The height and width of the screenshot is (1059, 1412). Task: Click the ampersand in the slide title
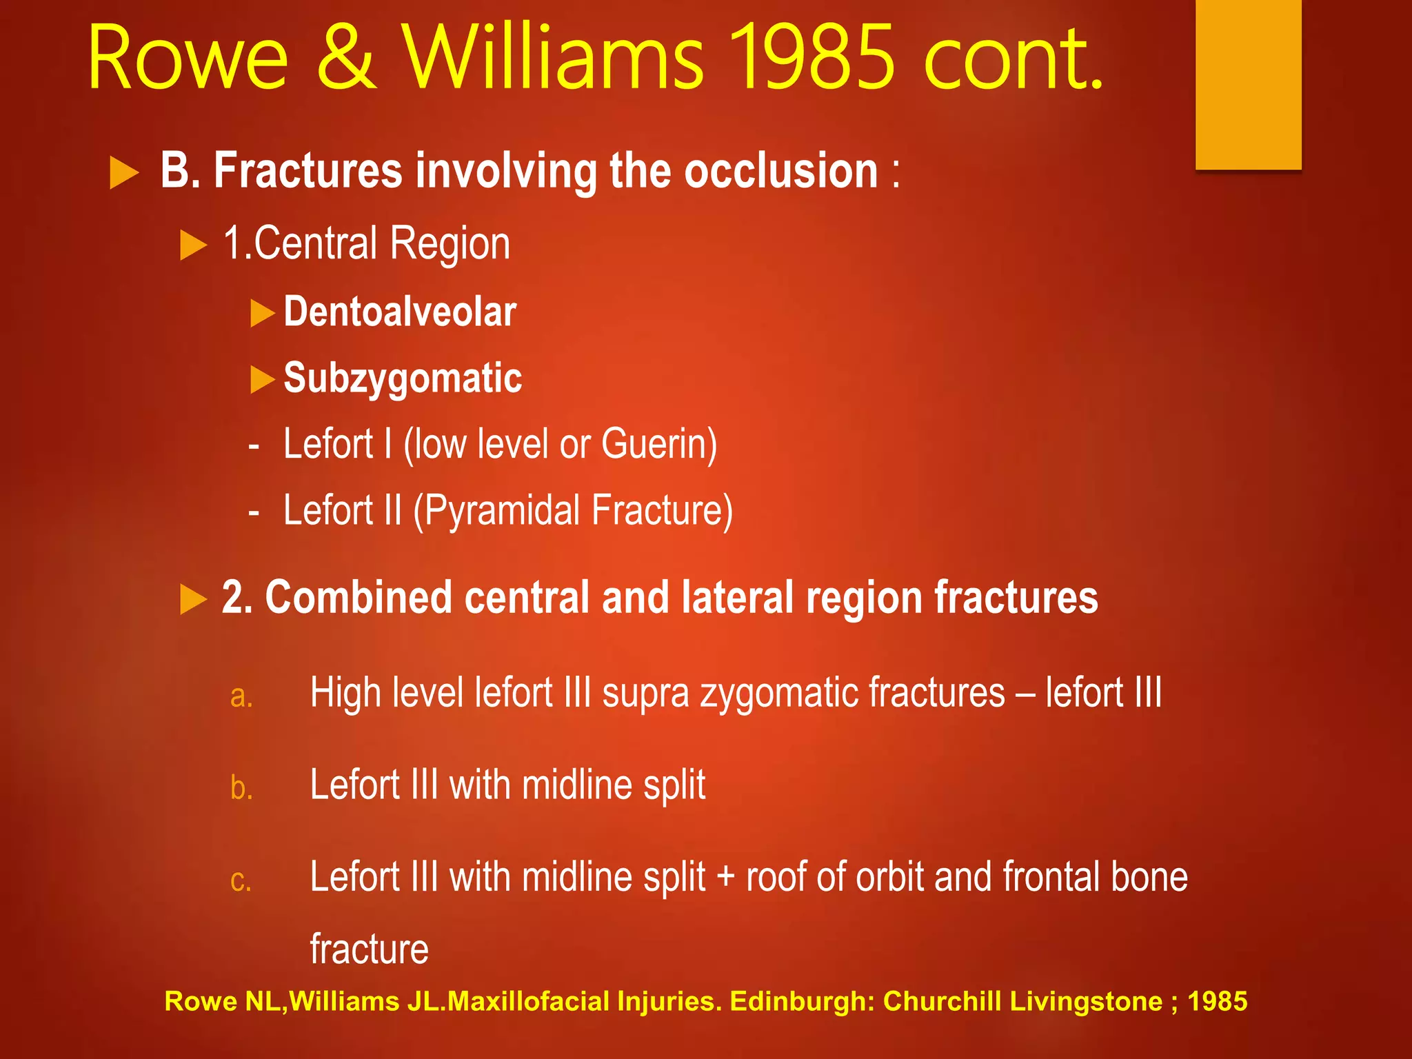(x=347, y=59)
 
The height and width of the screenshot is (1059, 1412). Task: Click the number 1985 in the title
(x=811, y=59)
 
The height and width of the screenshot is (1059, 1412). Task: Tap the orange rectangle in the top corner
(x=1248, y=83)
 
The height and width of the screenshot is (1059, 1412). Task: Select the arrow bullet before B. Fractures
(x=124, y=172)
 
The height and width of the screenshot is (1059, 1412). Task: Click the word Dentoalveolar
(x=400, y=312)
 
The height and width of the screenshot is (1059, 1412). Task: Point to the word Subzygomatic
(x=403, y=379)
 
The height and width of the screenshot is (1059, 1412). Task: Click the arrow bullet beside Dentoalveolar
(x=262, y=313)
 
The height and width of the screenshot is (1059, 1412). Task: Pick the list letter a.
(x=241, y=696)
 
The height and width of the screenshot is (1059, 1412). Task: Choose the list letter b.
(x=241, y=787)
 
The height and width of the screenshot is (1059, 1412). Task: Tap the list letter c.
(x=241, y=880)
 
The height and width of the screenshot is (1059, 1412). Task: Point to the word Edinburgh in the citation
(x=802, y=1001)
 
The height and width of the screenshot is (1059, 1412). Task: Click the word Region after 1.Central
(x=450, y=244)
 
